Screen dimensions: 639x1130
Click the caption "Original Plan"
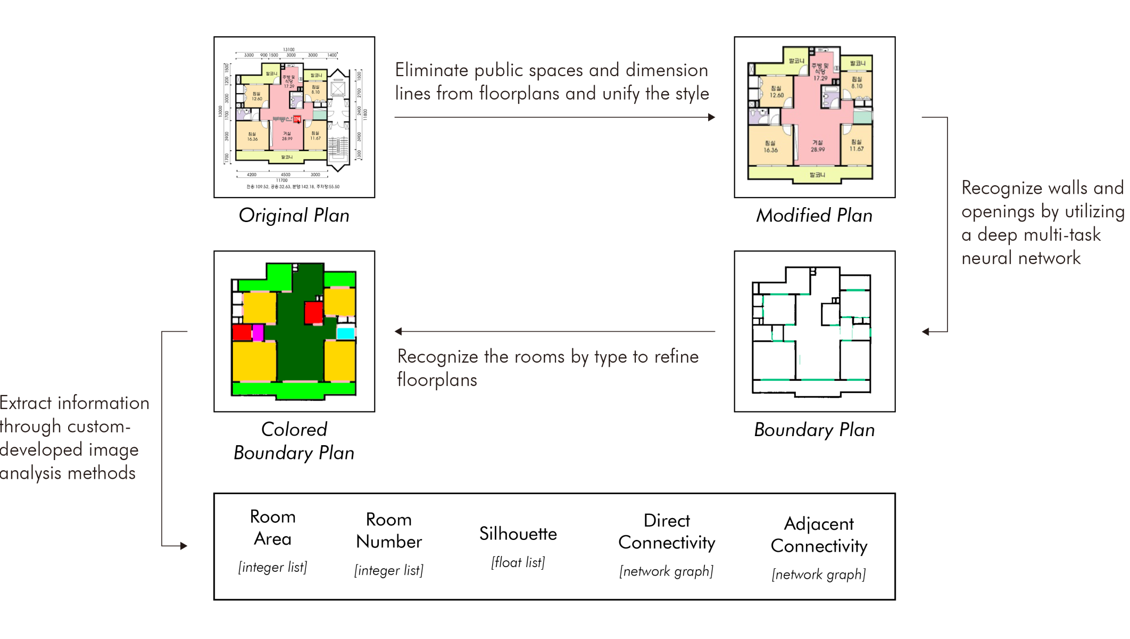pyautogui.click(x=294, y=215)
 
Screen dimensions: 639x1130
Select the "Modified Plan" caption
pyautogui.click(x=814, y=215)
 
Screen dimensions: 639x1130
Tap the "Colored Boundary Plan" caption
pyautogui.click(x=294, y=441)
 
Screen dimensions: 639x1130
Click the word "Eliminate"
pyautogui.click(x=431, y=70)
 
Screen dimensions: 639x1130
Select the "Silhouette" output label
pyautogui.click(x=518, y=534)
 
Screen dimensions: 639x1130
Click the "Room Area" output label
pyautogui.click(x=272, y=527)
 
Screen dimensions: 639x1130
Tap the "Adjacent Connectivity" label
pyautogui.click(x=819, y=535)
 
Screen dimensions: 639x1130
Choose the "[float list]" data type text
pyautogui.click(x=518, y=562)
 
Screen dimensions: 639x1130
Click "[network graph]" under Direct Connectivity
pyautogui.click(x=666, y=571)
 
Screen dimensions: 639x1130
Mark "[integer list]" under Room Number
pyautogui.click(x=388, y=570)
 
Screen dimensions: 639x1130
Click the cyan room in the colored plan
pyautogui.click(x=346, y=333)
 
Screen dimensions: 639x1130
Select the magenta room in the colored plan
pyautogui.click(x=258, y=332)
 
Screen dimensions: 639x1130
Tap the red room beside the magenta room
pyautogui.click(x=242, y=332)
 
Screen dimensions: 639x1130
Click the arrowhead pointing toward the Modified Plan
pyautogui.click(x=711, y=117)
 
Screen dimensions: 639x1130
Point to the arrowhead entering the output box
pyautogui.click(x=184, y=546)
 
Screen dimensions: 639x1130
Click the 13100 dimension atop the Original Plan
pyautogui.click(x=288, y=50)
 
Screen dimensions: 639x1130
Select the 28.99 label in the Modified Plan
pyautogui.click(x=818, y=150)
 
